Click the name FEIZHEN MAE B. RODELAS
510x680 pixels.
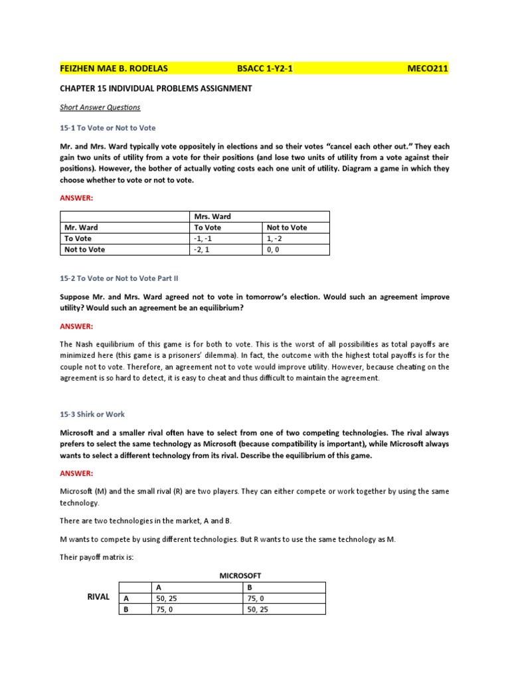pyautogui.click(x=114, y=69)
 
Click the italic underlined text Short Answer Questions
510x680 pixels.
pyautogui.click(x=100, y=107)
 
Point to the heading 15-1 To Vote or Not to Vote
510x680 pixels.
pyautogui.click(x=108, y=127)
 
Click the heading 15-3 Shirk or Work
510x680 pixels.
pyautogui.click(x=92, y=414)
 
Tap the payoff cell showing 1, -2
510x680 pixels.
pyautogui.click(x=275, y=238)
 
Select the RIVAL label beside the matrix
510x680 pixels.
pyautogui.click(x=99, y=597)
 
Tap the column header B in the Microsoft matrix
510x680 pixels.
pyautogui.click(x=248, y=587)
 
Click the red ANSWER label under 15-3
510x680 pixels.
pyautogui.click(x=76, y=473)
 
